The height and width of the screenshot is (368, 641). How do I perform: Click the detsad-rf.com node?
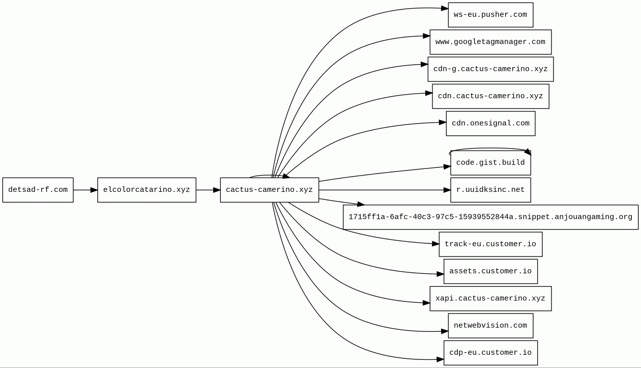38,190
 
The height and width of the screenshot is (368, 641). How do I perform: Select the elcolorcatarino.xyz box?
147,190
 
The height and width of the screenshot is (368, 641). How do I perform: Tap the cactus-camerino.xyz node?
270,190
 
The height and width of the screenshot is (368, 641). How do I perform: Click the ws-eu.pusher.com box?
490,15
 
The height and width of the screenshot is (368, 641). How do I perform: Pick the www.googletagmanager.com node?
490,42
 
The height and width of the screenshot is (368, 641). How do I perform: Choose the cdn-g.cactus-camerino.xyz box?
490,69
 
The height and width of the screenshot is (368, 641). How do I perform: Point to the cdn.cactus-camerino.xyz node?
490,96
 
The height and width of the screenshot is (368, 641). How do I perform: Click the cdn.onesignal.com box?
490,124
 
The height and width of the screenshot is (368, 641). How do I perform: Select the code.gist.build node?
490,163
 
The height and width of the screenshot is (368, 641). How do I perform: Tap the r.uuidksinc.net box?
490,190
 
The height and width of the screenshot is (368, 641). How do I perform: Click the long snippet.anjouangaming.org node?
490,217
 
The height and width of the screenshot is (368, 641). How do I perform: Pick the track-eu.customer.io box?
490,244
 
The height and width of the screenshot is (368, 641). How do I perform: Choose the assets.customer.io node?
490,271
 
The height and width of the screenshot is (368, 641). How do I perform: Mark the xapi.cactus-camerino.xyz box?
490,299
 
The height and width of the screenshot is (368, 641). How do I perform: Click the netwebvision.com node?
490,326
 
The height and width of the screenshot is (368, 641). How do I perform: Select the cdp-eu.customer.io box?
490,353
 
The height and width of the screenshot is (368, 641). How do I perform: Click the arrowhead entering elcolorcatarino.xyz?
94,190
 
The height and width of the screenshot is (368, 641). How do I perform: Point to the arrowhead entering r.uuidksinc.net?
447,190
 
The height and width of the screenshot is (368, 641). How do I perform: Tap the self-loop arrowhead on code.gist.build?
528,152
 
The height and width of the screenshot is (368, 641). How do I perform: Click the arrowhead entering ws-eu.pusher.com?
445,8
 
